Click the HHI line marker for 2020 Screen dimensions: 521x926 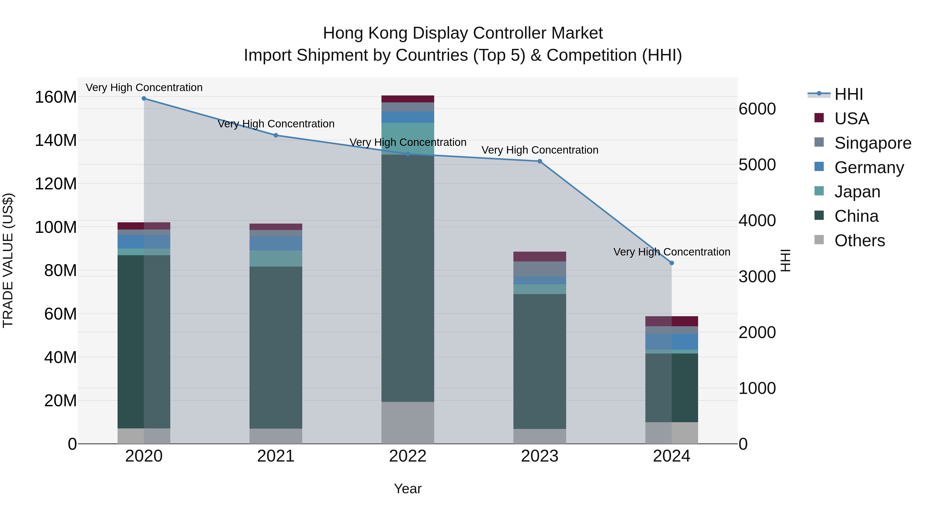(144, 99)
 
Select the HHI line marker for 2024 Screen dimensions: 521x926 (672, 263)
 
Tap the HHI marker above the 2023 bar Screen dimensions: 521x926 (540, 161)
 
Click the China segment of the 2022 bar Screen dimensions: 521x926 (408, 278)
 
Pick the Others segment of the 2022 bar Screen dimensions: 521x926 (408, 423)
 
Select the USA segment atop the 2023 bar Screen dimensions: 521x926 (540, 256)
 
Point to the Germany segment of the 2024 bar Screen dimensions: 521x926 (672, 342)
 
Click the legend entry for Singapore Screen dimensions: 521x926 (872, 143)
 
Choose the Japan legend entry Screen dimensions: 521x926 (857, 192)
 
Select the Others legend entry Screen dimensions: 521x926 (859, 241)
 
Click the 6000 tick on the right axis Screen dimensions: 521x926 (757, 109)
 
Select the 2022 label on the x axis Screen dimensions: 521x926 (408, 456)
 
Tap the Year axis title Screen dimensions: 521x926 (408, 489)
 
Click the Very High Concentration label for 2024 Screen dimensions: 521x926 (672, 252)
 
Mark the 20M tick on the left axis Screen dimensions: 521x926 (60, 401)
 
